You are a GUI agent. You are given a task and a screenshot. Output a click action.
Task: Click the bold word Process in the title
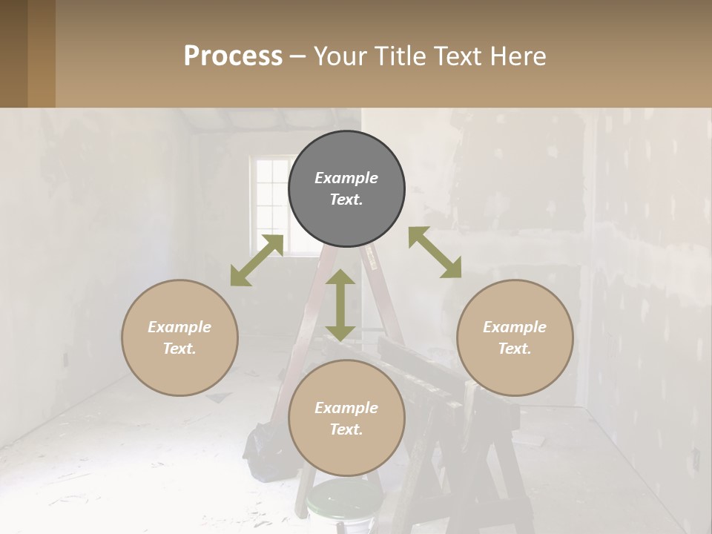pyautogui.click(x=233, y=56)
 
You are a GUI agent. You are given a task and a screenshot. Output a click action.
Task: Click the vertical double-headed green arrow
pyautogui.click(x=340, y=305)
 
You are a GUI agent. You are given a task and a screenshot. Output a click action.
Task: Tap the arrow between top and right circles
pyautogui.click(x=435, y=252)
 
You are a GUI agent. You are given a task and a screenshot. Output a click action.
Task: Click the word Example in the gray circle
pyautogui.click(x=346, y=178)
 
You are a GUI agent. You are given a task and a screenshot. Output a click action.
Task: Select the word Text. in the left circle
pyautogui.click(x=179, y=349)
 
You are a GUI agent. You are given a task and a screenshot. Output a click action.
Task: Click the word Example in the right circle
pyautogui.click(x=515, y=327)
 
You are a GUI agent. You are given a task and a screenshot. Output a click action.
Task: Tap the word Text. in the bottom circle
pyautogui.click(x=346, y=429)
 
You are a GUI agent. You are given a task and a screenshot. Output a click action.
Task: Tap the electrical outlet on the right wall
pyautogui.click(x=696, y=461)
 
